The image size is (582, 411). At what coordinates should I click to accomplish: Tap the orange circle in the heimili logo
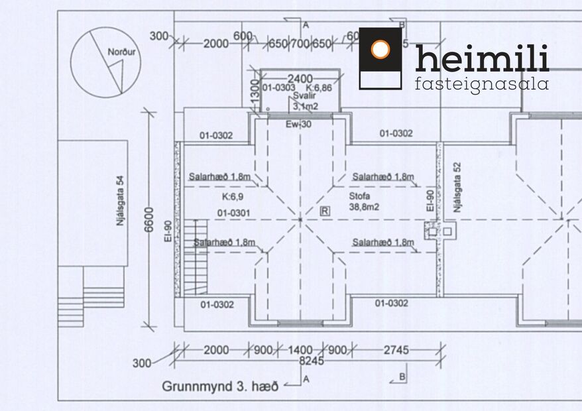pos(380,49)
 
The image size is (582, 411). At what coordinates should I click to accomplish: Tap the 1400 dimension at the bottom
pos(300,350)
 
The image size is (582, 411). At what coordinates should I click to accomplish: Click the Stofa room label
pos(359,197)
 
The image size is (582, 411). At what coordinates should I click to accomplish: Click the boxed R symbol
pos(325,211)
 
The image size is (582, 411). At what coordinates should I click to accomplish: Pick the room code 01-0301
pos(233,212)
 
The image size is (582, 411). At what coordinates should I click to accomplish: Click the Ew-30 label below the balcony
pos(298,124)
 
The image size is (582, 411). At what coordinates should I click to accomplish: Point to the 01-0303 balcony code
pos(278,88)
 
